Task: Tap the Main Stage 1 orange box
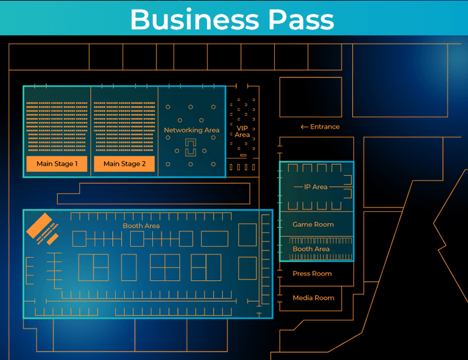57,164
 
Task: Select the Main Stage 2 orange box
124,164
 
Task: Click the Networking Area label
191,130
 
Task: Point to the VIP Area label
242,131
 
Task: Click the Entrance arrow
304,127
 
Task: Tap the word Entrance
325,127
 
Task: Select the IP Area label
316,187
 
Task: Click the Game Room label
313,224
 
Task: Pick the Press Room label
312,274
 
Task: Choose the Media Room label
313,298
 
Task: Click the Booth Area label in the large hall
141,226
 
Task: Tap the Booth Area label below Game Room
311,249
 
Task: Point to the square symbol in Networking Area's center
190,147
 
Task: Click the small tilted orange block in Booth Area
53,238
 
